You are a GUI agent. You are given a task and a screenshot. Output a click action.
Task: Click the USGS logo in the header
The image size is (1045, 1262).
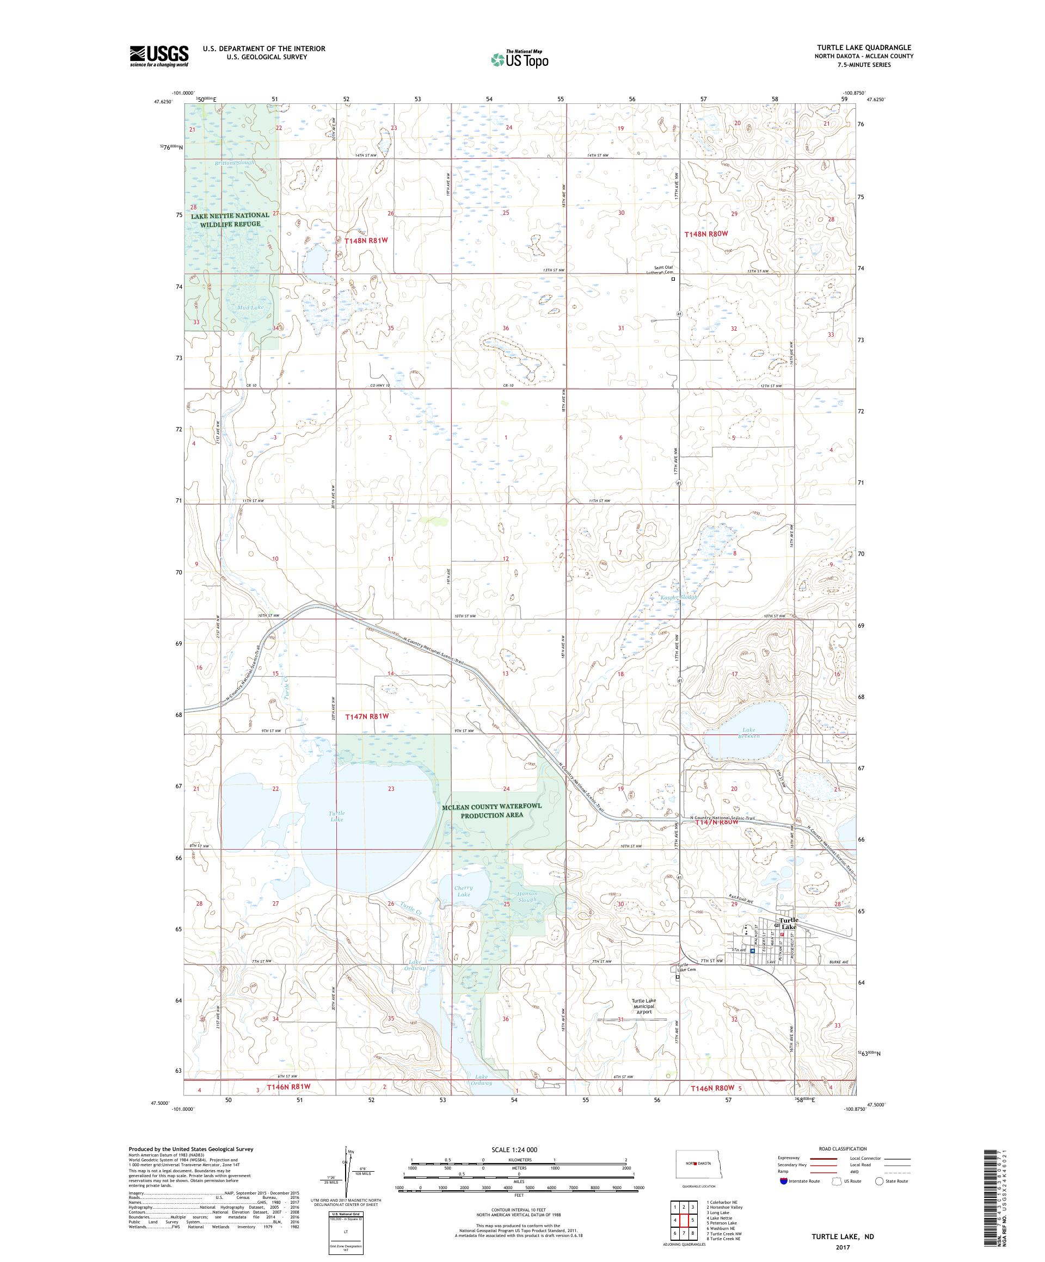tap(159, 56)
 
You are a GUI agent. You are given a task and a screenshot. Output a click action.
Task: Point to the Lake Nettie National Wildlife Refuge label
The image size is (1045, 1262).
tap(230, 219)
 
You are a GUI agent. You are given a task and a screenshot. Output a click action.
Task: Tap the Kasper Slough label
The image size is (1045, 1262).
tap(679, 597)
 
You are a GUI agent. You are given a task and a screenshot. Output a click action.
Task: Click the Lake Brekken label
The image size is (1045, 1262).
tap(748, 733)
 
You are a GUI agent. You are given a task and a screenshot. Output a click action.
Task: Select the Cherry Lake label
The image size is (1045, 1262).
tap(464, 891)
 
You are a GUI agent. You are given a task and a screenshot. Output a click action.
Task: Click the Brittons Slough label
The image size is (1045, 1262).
tap(235, 163)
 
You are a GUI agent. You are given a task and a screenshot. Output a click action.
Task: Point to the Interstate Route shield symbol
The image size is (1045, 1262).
tap(783, 1181)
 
